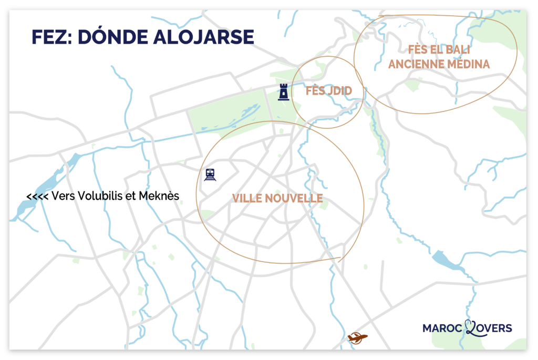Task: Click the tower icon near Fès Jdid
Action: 284,91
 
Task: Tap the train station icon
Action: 211,174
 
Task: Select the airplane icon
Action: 358,337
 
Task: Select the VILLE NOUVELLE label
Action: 277,198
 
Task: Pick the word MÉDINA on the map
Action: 467,64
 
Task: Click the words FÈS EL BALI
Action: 438,50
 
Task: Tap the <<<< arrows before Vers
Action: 37,197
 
